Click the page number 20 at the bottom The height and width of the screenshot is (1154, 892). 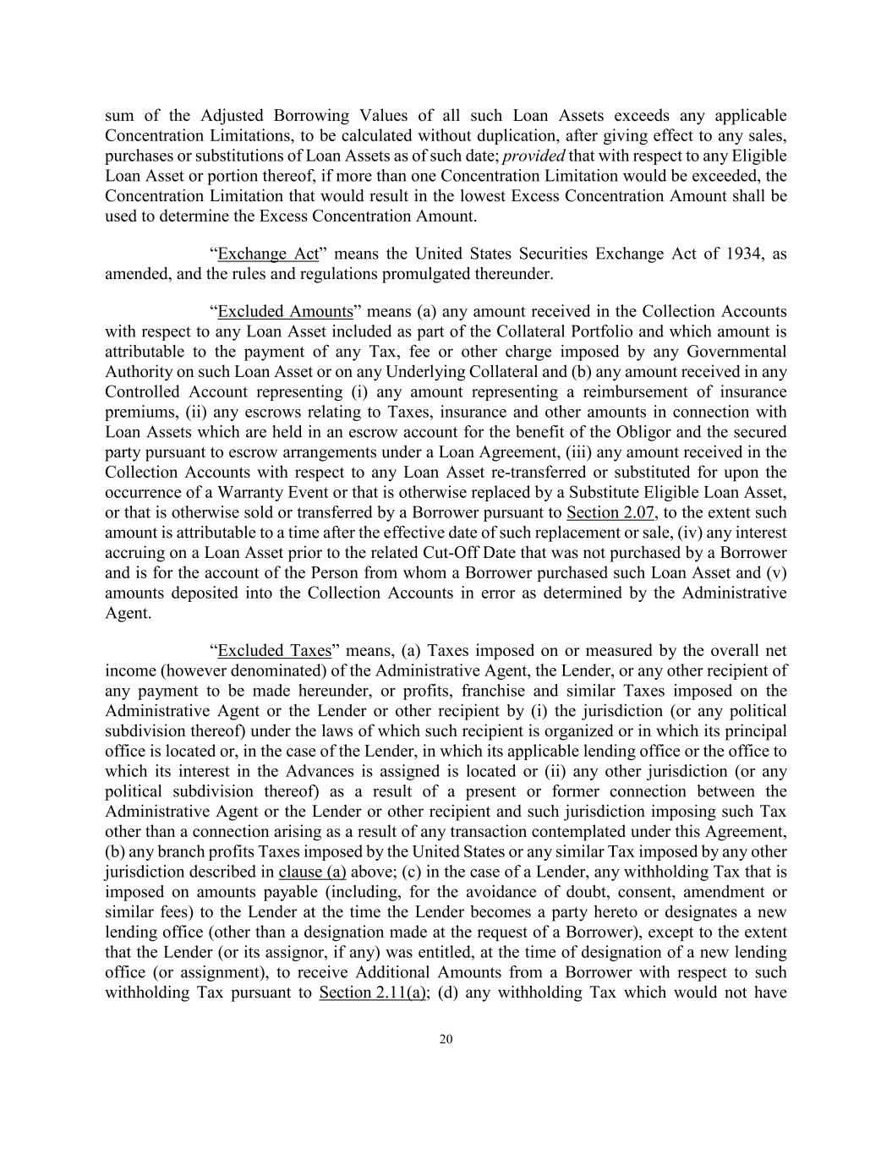[446, 1039]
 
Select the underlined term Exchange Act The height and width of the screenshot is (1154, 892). [268, 254]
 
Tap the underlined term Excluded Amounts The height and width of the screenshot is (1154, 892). [285, 312]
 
